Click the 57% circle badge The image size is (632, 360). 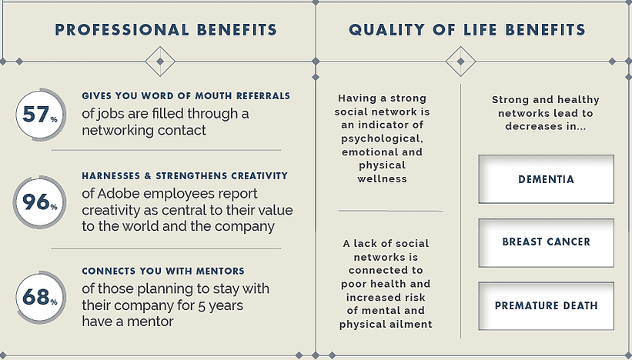pyautogui.click(x=40, y=115)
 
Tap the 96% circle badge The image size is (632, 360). pyautogui.click(x=39, y=202)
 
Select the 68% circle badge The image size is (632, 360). pyautogui.click(x=40, y=298)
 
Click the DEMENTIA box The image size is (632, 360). pyautogui.click(x=546, y=179)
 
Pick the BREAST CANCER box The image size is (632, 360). pyautogui.click(x=546, y=242)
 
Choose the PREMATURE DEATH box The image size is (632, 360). pyautogui.click(x=546, y=306)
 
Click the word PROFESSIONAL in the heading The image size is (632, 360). pyautogui.click(x=122, y=30)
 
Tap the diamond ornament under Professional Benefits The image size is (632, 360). pyautogui.click(x=160, y=62)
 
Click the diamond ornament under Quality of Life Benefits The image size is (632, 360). pyautogui.click(x=460, y=62)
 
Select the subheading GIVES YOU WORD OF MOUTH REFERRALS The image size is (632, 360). pyautogui.click(x=186, y=96)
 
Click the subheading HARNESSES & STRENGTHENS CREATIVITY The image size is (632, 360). pyautogui.click(x=185, y=176)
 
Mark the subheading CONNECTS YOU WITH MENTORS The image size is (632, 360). pyautogui.click(x=163, y=271)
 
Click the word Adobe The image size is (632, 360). pyautogui.click(x=119, y=194)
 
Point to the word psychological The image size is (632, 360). pyautogui.click(x=382, y=139)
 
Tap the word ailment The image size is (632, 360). pyautogui.click(x=413, y=324)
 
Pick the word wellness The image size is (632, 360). pyautogui.click(x=382, y=178)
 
